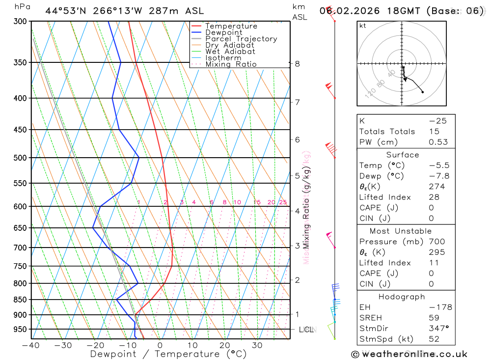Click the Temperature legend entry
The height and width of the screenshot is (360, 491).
[231, 26]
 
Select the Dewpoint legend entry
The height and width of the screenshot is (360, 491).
[223, 32]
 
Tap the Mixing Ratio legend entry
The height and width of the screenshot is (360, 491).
[231, 64]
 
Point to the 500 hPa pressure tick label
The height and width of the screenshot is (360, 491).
[20, 158]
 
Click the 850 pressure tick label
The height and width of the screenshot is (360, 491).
[20, 300]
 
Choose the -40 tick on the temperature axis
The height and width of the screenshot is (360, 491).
[31, 345]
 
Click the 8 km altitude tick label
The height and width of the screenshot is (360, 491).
[297, 63]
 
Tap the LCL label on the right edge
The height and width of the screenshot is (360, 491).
[306, 330]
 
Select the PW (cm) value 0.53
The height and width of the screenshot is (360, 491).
[438, 142]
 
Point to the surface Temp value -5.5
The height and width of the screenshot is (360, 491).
[439, 166]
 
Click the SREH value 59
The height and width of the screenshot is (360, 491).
[434, 318]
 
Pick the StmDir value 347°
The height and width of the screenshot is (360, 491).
[436, 328]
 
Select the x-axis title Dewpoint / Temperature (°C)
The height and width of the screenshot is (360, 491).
[162, 354]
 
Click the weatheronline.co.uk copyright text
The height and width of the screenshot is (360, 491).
[409, 354]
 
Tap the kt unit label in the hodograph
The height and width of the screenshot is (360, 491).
[363, 26]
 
